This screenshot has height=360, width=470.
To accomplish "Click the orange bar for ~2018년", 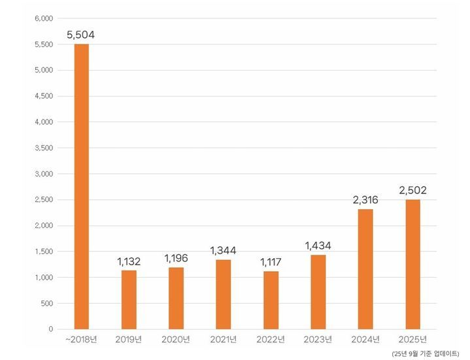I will tap(82, 186).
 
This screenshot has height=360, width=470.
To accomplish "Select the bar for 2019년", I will tap(129, 299).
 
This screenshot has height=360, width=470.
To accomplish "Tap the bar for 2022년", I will tap(271, 300).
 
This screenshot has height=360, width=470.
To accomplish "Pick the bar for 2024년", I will tap(365, 269).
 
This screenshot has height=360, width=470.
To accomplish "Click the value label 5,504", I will tap(82, 34).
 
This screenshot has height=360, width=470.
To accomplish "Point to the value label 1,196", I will tap(176, 257).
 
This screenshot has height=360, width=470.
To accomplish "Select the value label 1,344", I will tap(224, 250).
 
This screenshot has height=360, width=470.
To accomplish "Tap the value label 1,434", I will tap(318, 245).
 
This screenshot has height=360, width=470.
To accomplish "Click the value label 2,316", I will tap(365, 199).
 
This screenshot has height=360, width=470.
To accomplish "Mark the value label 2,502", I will tap(412, 189).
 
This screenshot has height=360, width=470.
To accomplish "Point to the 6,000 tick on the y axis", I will tap(43, 18).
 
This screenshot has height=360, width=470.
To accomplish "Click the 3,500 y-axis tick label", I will tap(43, 148).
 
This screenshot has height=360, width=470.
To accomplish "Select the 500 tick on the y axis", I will tap(46, 303).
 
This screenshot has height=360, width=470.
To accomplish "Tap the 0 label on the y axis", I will tap(50, 329).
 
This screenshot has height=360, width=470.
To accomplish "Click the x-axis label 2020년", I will tap(176, 340).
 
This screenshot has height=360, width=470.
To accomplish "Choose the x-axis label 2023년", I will tap(318, 340).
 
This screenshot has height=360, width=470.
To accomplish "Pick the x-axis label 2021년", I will tap(224, 340).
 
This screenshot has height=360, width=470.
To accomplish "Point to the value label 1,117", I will tap(271, 261).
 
